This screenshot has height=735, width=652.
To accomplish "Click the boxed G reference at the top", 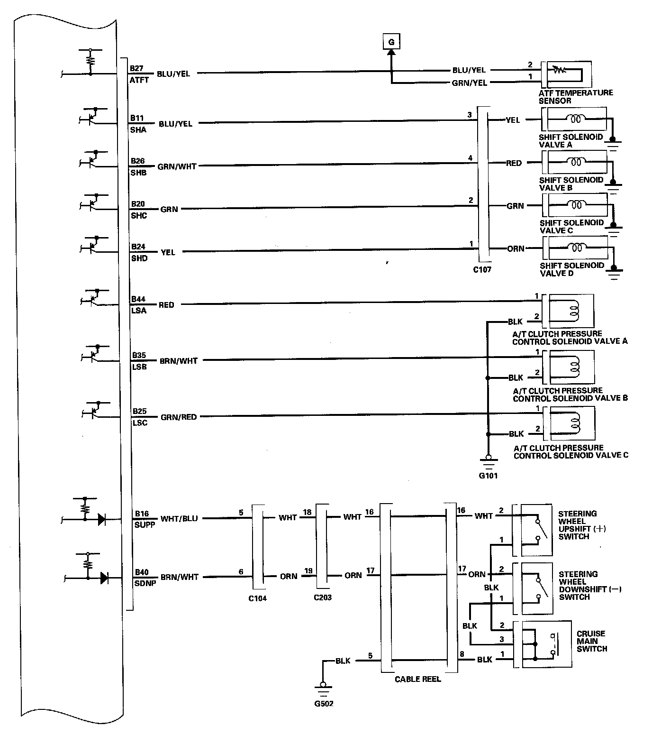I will pyautogui.click(x=391, y=42).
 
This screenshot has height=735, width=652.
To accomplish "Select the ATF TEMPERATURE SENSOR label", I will pyautogui.click(x=575, y=97).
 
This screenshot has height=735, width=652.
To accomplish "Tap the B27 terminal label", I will pyautogui.click(x=136, y=68).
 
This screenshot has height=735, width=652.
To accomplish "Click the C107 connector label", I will pyautogui.click(x=482, y=270).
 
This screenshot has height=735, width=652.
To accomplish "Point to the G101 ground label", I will pyautogui.click(x=488, y=476).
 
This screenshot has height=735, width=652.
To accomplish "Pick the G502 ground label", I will pyautogui.click(x=324, y=703).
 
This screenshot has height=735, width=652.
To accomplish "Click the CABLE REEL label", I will pyautogui.click(x=417, y=679).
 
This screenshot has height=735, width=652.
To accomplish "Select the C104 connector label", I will pyautogui.click(x=257, y=598).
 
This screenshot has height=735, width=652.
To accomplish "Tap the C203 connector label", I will pyautogui.click(x=322, y=597).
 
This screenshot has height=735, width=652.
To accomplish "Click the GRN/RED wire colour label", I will pyautogui.click(x=179, y=417).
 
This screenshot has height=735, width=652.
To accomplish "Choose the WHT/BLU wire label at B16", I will pyautogui.click(x=179, y=518).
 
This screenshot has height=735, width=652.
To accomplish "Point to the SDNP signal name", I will pyautogui.click(x=145, y=583).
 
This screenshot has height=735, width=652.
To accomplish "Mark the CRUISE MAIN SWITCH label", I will pyautogui.click(x=591, y=641).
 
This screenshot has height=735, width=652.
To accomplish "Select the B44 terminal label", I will pyautogui.click(x=138, y=299).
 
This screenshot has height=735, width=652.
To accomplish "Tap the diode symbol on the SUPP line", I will pyautogui.click(x=101, y=520).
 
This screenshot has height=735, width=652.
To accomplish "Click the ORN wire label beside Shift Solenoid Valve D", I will pyautogui.click(x=516, y=248).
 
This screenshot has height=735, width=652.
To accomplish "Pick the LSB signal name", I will pyautogui.click(x=139, y=367).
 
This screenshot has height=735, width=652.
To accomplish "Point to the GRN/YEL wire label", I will pyautogui.click(x=470, y=83).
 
